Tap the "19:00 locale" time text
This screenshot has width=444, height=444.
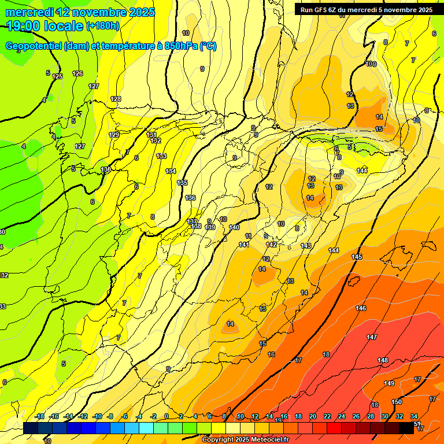[44, 25]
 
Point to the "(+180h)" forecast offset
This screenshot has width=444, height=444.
[103, 25]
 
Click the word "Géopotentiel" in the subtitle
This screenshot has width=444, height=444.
[34, 46]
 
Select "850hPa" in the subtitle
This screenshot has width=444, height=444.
[178, 46]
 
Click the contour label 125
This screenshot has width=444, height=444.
[57, 76]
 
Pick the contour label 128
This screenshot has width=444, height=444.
[116, 99]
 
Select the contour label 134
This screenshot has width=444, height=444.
[171, 171]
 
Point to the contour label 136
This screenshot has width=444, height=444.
[190, 198]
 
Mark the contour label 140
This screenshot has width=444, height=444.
[234, 227]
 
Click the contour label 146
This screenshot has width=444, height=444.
[361, 308]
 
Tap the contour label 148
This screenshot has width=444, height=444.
[383, 360]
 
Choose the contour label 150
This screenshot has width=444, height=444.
[397, 402]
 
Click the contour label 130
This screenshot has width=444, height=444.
[105, 169]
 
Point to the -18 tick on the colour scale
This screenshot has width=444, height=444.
[39, 416]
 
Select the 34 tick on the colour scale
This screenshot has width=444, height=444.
[414, 416]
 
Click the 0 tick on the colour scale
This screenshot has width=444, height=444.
[166, 416]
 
